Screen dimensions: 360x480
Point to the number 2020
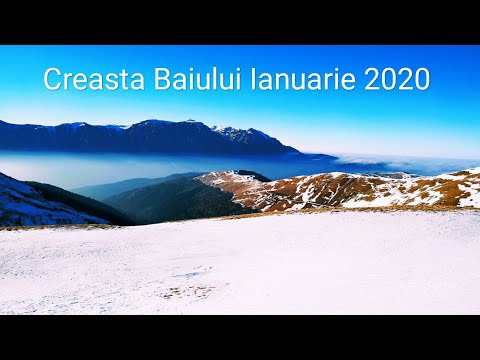[397, 79]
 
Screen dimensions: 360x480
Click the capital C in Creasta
[52, 79]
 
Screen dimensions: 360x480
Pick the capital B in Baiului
[162, 79]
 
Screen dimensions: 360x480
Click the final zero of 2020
[422, 79]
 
